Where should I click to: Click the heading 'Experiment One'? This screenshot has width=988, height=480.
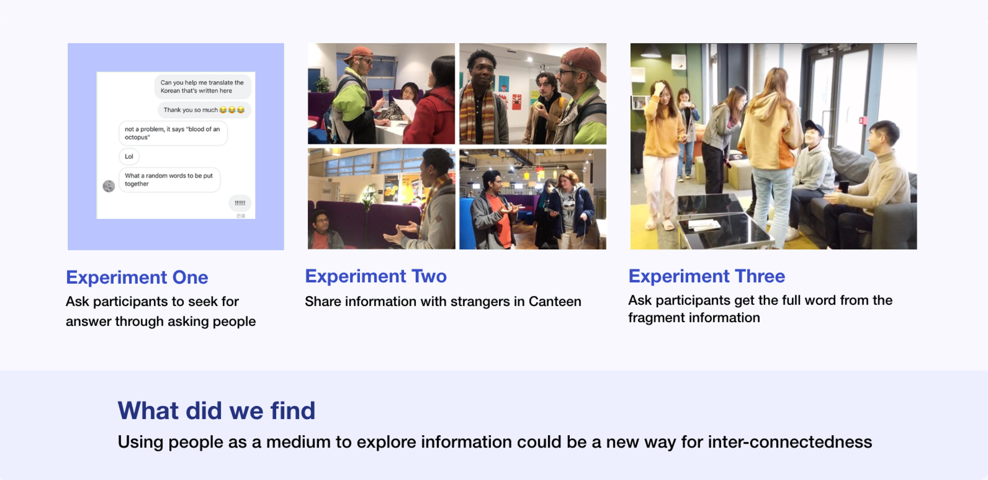tap(137, 277)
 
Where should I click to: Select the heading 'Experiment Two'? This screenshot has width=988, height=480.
tap(376, 276)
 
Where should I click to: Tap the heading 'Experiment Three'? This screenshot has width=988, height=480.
tap(707, 276)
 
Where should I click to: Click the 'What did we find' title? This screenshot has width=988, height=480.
tap(216, 410)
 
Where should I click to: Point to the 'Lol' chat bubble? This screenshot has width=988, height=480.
tap(129, 156)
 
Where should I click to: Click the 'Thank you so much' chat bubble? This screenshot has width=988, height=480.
tap(204, 110)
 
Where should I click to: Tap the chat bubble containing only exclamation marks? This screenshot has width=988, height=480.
tap(240, 203)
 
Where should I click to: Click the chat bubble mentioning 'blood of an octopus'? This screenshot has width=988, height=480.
tap(173, 133)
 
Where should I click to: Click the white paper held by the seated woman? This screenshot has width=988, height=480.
tap(405, 109)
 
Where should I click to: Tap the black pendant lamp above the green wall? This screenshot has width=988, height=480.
tap(651, 52)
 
